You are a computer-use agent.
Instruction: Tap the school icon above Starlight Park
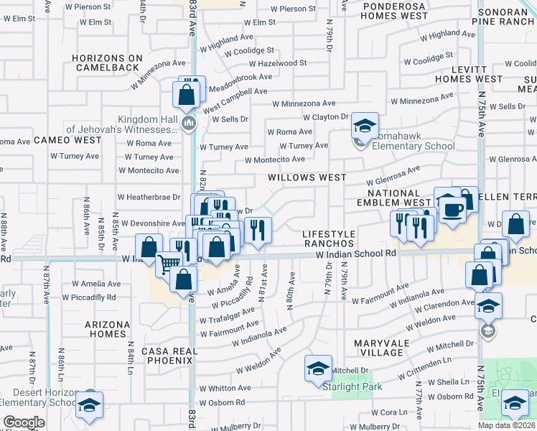pos(318,369)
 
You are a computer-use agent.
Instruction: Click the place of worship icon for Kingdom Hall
pos(189,124)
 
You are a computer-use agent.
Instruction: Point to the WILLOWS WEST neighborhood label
pos(307,177)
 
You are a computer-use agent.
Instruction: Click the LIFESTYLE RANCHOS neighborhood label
pos(329,239)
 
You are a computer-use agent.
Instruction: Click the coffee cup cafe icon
pos(452,210)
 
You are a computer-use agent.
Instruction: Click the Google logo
pos(24,422)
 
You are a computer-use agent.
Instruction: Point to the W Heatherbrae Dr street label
pos(148,197)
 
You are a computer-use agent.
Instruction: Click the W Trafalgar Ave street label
pos(228,315)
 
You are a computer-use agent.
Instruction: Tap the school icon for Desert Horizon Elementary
pos(90,406)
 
